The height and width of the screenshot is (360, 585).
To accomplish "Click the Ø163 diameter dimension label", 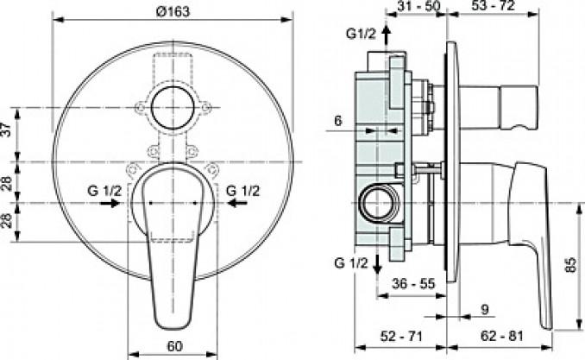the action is pyautogui.click(x=173, y=11).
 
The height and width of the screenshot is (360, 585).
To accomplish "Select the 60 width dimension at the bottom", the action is pyautogui.click(x=174, y=346).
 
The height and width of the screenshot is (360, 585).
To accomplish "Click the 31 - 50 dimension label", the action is pyautogui.click(x=418, y=5).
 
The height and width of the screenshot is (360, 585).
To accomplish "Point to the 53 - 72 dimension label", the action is pyautogui.click(x=493, y=5).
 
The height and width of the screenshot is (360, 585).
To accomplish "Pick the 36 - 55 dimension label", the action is pyautogui.click(x=413, y=284).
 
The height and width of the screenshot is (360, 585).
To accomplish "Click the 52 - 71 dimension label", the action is pyautogui.click(x=401, y=336).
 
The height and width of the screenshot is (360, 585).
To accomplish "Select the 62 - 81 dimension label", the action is pyautogui.click(x=502, y=336).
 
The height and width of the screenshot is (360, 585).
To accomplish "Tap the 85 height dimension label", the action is pyautogui.click(x=571, y=265).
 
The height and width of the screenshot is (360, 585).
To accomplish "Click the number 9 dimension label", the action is pyautogui.click(x=485, y=309).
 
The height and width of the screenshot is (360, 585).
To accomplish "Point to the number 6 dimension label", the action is pyautogui.click(x=338, y=121).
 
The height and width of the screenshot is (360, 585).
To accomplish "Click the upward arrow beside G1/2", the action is pyautogui.click(x=387, y=36).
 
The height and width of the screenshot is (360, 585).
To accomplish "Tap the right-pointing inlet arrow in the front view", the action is pyautogui.click(x=110, y=203).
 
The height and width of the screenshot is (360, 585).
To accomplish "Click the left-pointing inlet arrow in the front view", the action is pyautogui.click(x=237, y=203).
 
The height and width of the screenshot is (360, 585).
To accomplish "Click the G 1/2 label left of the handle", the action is pyautogui.click(x=104, y=191).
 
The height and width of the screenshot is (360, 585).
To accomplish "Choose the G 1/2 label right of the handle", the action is pyautogui.click(x=242, y=191).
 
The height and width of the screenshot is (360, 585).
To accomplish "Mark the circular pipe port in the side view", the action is pyautogui.click(x=378, y=203).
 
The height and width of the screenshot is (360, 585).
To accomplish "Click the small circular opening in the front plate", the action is pyautogui.click(x=173, y=108).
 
